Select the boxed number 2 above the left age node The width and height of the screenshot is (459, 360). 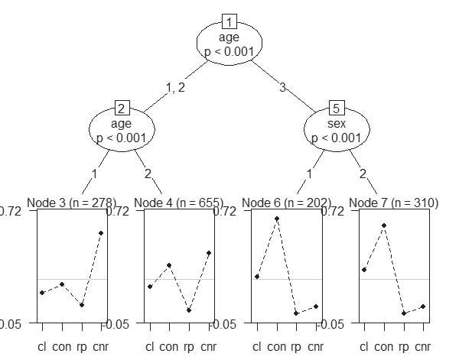click(122, 107)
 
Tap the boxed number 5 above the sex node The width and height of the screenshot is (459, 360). click(337, 107)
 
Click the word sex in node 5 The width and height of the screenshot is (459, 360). click(337, 122)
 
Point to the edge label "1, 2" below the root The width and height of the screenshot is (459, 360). click(176, 87)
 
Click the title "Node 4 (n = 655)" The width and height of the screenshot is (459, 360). click(178, 203)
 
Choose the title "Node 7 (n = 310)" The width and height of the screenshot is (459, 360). click(393, 203)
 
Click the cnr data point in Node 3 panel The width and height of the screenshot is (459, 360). click(101, 233)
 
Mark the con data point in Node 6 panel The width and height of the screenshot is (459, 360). click(277, 219)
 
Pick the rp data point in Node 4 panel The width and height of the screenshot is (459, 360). click(189, 310)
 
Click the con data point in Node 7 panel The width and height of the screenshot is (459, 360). click(384, 225)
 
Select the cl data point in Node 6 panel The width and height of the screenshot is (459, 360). click(257, 277)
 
